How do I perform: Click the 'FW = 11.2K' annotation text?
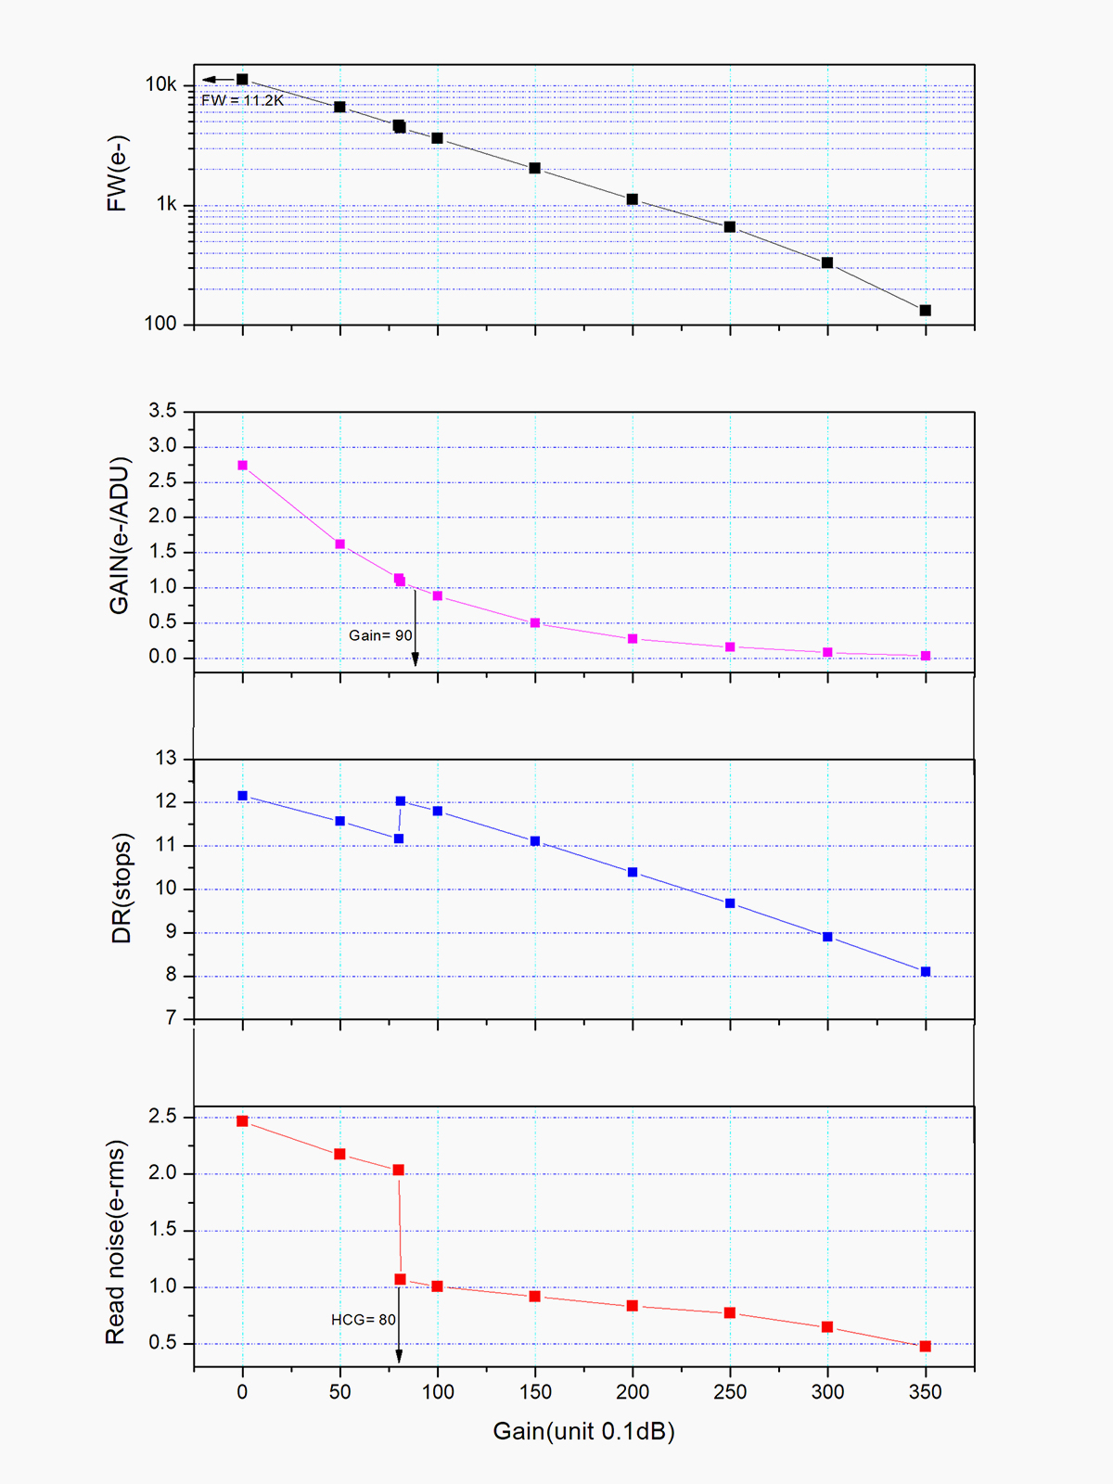242,100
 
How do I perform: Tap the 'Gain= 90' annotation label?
380,635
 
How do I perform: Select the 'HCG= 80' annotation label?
364,1320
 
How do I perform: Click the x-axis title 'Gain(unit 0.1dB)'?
583,1431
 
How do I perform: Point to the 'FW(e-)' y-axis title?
117,173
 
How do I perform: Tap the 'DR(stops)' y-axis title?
122,888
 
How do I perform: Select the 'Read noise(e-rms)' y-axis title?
115,1242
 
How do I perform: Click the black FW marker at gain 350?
925,310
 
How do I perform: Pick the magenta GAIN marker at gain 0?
243,466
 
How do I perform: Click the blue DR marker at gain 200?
633,872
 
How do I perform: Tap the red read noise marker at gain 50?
340,1154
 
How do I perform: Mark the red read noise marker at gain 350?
925,1346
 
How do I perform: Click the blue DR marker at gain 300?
827,937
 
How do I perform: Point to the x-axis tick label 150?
535,1391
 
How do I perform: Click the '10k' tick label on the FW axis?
160,84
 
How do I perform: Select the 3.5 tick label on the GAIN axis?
162,411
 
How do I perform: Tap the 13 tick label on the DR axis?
165,759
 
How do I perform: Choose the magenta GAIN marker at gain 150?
535,623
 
